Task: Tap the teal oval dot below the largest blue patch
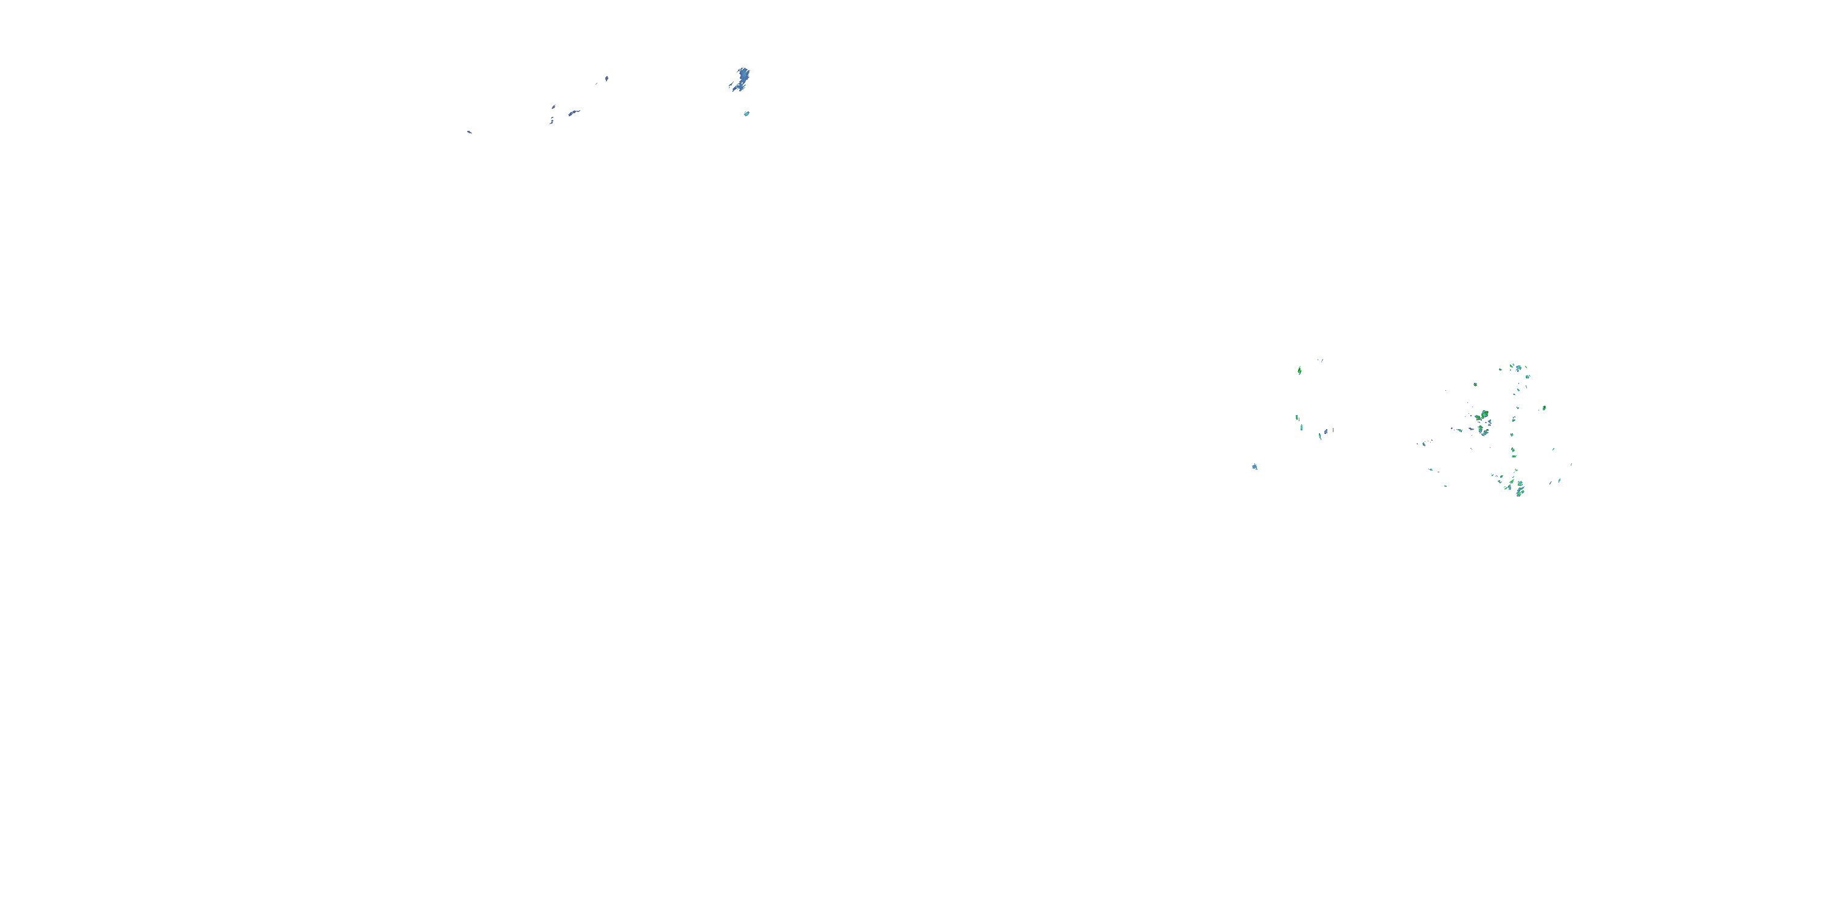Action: [x=746, y=113]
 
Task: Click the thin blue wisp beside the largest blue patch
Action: [x=731, y=86]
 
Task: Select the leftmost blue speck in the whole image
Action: [x=469, y=132]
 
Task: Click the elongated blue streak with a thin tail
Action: [x=573, y=112]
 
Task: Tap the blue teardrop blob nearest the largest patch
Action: [x=607, y=78]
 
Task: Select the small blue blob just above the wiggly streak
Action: [x=554, y=107]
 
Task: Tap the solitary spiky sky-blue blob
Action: [x=1254, y=466]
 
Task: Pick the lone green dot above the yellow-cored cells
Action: [x=1476, y=384]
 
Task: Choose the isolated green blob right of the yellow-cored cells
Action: [x=1544, y=408]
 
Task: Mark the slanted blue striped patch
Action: [x=1323, y=432]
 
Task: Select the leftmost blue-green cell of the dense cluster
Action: [x=1421, y=444]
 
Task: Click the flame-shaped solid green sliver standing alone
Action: [x=1299, y=370]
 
